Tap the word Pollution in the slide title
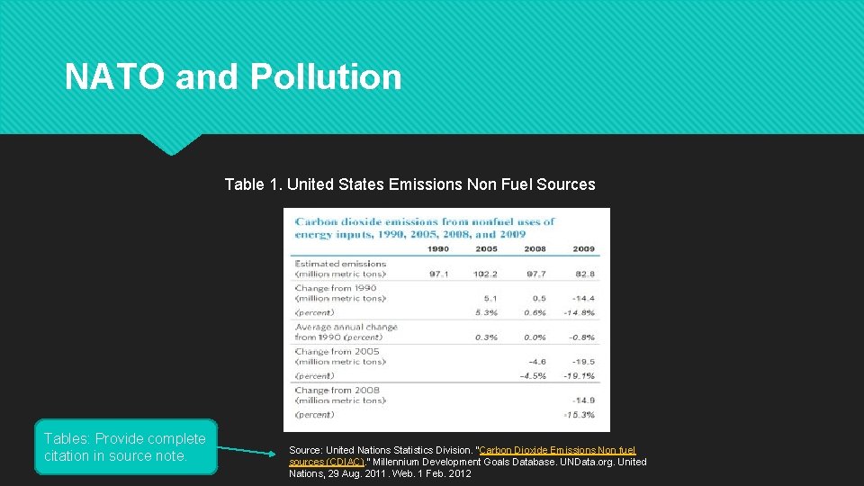click(x=326, y=77)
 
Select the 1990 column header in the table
click(x=438, y=249)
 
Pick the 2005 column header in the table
click(x=486, y=249)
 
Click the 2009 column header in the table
click(x=583, y=249)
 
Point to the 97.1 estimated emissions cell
click(x=438, y=274)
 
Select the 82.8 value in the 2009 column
click(x=583, y=274)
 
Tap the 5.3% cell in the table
click(x=486, y=313)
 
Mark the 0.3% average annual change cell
click(x=486, y=337)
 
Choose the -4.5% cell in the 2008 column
click(x=533, y=376)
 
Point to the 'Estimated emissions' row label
click(x=340, y=264)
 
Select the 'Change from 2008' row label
click(x=337, y=391)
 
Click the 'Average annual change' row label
click(x=346, y=328)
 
